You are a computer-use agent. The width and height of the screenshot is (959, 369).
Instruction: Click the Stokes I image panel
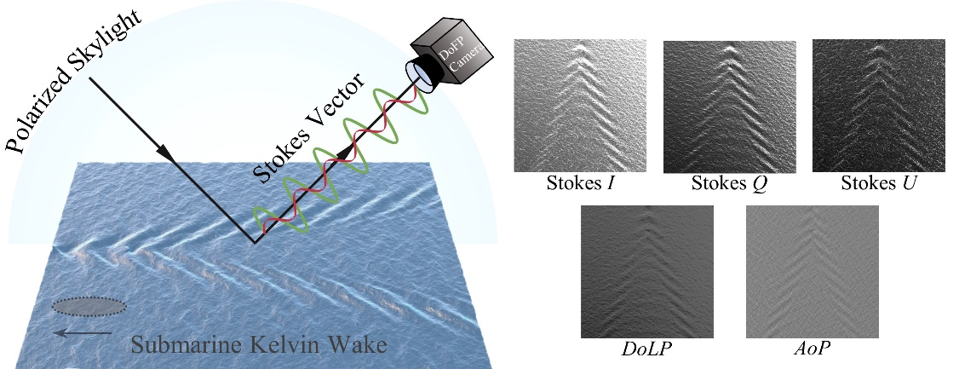580,107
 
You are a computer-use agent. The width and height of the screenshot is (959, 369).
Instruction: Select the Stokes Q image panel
729,107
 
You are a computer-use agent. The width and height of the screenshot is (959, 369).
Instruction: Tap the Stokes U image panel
878,107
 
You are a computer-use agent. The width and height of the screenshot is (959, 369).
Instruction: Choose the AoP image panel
812,272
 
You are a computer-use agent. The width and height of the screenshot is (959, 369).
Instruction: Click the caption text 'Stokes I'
580,183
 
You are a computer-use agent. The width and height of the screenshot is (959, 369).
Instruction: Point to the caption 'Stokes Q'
729,184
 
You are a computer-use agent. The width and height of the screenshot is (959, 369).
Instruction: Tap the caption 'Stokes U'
878,183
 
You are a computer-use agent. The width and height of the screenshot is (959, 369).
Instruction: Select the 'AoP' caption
812,349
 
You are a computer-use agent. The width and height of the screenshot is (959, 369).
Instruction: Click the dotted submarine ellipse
89,305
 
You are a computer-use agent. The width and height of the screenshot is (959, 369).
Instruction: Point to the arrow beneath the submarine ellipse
82,333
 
